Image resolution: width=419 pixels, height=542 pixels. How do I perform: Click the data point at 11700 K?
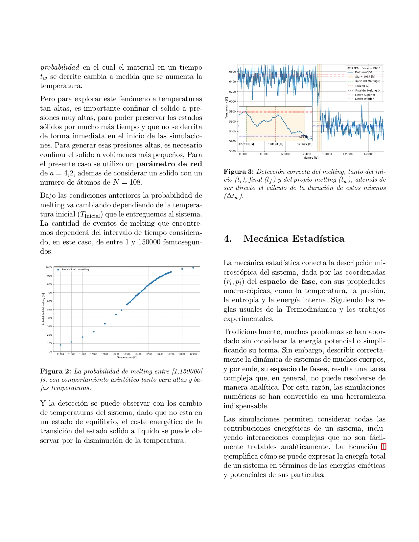pos(60,345)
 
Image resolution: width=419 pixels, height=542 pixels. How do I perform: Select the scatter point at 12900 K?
pos(193,268)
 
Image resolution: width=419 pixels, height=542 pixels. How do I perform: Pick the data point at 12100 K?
pos(105,324)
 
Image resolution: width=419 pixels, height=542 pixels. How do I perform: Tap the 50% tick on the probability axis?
pos(49,310)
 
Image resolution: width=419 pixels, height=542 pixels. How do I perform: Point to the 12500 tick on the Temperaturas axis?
pos(149,354)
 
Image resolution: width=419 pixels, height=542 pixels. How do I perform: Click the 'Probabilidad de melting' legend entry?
pos(75,269)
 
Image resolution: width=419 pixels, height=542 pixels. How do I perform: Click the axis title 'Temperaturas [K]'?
pos(127,357)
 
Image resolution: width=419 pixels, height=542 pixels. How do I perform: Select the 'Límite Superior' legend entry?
pos(365,95)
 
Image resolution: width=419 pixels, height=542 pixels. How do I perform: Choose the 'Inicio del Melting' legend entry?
pos(367,81)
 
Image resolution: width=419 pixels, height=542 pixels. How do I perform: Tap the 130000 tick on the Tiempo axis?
pos(327,154)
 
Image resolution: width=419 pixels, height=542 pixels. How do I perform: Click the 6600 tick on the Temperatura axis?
pos(232,72)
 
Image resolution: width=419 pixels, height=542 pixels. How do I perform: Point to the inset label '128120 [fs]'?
pos(275,144)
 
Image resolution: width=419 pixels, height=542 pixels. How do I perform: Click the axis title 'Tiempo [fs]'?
pos(311,158)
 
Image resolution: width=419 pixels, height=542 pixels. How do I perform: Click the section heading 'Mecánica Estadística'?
pos(293,238)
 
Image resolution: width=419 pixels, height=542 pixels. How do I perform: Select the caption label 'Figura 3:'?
pos(239,171)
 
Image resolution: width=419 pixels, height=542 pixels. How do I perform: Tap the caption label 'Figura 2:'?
pos(56,371)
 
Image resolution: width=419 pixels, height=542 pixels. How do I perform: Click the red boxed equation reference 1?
pos(383,447)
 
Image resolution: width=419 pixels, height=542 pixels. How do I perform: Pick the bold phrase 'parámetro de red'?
pos(169,164)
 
